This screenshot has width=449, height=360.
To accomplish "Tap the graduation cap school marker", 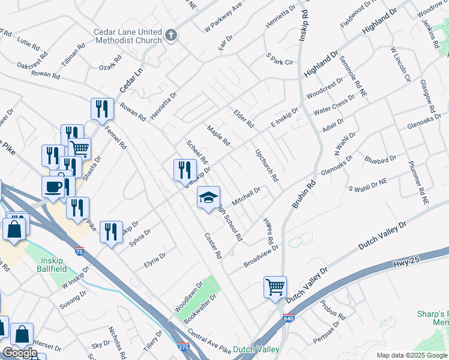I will (208, 198).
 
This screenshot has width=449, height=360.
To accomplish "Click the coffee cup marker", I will (53, 187).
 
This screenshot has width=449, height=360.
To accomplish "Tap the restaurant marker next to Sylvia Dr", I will (110, 232).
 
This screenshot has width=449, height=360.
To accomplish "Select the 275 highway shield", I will (184, 347).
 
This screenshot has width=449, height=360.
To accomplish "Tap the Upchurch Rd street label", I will (267, 166).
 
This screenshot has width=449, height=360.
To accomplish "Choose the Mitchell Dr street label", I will (246, 196).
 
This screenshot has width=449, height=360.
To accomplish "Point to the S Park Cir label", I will (280, 61).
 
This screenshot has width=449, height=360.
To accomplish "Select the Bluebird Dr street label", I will (380, 159).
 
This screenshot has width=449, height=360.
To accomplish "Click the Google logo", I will (20, 353).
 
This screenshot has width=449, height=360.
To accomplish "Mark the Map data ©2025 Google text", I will (411, 355).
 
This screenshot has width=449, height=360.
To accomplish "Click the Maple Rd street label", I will (218, 136).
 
